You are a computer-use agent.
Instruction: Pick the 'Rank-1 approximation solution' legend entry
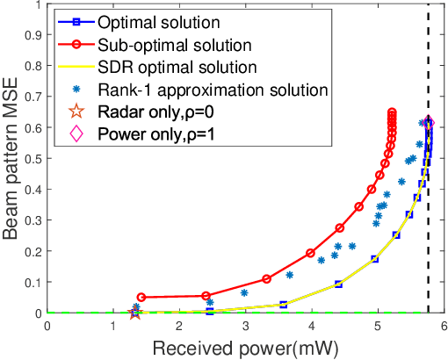(213, 89)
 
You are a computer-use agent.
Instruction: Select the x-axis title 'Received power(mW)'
(246, 347)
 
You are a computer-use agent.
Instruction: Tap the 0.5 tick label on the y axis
(33, 159)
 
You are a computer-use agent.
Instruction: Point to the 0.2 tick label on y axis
(33, 251)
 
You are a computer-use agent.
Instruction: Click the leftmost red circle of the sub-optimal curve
(141, 298)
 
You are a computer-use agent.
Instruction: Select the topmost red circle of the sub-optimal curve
(392, 112)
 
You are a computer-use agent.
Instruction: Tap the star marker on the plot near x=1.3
(134, 313)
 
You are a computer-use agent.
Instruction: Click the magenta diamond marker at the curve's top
(428, 123)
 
